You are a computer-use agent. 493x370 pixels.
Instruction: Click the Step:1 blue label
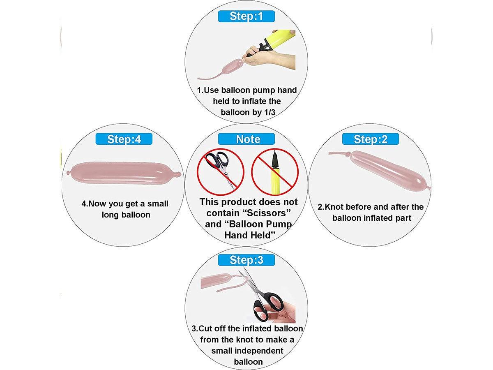pos(246,16)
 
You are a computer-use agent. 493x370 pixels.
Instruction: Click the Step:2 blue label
pos(371,139)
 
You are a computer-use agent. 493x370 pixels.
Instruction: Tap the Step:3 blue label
pos(246,260)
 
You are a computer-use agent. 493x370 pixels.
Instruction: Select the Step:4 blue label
pos(124,139)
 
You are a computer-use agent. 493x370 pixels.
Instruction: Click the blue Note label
pos(246,139)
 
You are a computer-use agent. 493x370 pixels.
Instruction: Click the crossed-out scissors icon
pos(221,172)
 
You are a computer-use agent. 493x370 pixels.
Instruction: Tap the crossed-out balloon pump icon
pos(275,172)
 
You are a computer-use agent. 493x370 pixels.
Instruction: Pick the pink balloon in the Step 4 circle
pos(124,173)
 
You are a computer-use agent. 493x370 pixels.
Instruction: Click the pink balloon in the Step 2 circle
pos(380,171)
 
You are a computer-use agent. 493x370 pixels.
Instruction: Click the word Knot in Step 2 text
pos(334,207)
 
